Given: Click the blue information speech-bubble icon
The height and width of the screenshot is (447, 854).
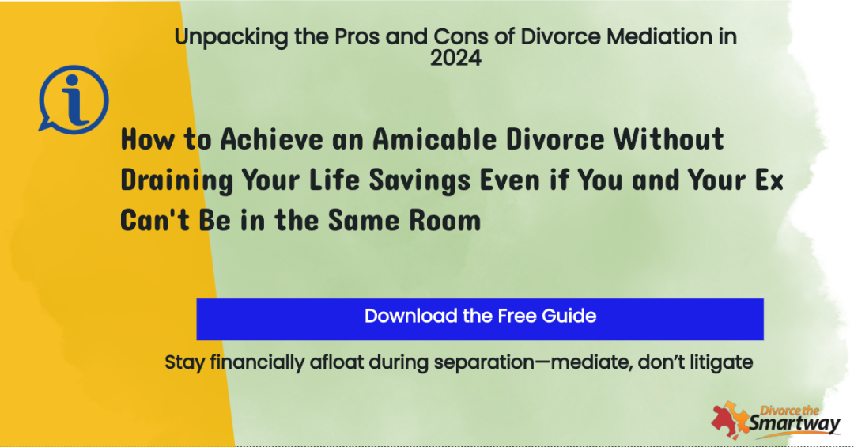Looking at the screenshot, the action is (x=74, y=100).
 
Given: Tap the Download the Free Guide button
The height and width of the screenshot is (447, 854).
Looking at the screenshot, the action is (x=480, y=319).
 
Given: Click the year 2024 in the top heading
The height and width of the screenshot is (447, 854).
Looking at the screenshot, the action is (x=456, y=58).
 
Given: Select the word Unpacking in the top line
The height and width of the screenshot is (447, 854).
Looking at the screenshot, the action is (x=231, y=37).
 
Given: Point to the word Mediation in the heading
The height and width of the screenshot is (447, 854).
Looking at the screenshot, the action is (x=659, y=36).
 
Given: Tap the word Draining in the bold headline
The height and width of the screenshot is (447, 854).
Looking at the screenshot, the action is (x=176, y=180).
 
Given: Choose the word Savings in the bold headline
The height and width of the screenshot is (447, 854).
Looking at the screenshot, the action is (x=419, y=180).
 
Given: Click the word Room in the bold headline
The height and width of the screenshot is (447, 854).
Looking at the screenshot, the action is (x=445, y=221).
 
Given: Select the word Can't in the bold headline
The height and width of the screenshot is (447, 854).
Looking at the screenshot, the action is (x=155, y=220).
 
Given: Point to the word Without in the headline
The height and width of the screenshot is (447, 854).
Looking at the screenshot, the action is (x=669, y=138).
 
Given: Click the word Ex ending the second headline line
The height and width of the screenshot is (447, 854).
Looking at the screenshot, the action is (x=769, y=180).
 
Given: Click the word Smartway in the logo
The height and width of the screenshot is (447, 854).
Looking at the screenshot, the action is (x=795, y=424).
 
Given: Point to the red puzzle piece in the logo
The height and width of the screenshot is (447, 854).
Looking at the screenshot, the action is (x=724, y=422).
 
